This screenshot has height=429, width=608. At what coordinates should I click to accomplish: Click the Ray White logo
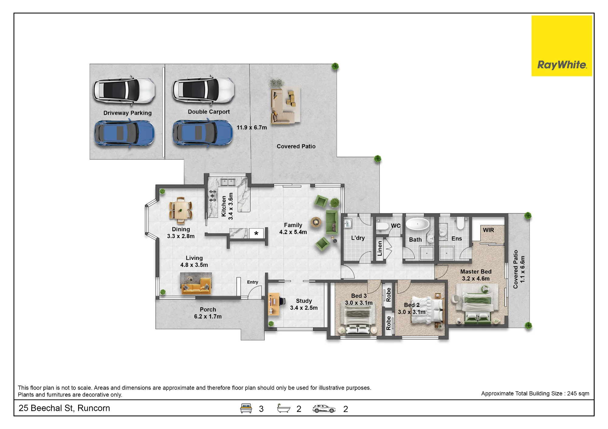click(561, 46)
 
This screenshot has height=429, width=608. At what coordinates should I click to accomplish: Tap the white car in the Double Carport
click(204, 90)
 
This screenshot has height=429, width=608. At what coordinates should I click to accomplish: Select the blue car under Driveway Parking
click(124, 134)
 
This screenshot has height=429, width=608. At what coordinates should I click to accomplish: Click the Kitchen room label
click(224, 206)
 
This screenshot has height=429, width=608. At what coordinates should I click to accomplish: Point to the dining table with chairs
click(181, 209)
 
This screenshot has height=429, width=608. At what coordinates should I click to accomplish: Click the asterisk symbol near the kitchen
click(256, 233)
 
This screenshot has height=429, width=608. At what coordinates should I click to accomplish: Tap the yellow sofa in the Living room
click(196, 288)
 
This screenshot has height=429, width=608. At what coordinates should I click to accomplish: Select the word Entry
click(252, 282)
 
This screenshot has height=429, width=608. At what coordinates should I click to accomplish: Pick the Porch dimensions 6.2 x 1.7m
click(208, 316)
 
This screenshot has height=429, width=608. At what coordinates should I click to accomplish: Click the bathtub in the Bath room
click(418, 224)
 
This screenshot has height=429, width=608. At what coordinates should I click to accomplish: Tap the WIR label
click(488, 230)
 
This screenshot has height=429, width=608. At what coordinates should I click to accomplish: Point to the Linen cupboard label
click(380, 248)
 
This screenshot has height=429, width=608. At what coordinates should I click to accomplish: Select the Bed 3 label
click(359, 296)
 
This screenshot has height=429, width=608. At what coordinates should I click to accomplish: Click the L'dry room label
click(358, 238)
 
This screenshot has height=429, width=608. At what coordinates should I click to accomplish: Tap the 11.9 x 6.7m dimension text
click(252, 128)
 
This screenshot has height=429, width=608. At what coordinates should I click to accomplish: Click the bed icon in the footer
click(246, 408)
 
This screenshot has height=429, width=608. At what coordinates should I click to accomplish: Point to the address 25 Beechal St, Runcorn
click(64, 408)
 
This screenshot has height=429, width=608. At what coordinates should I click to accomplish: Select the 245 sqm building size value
click(578, 393)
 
